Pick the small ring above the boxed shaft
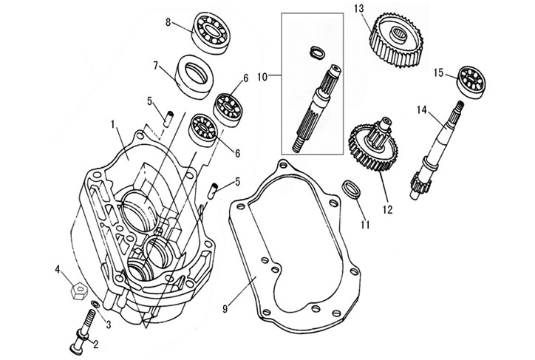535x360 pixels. tap(316, 52)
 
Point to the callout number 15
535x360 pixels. tap(438, 72)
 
